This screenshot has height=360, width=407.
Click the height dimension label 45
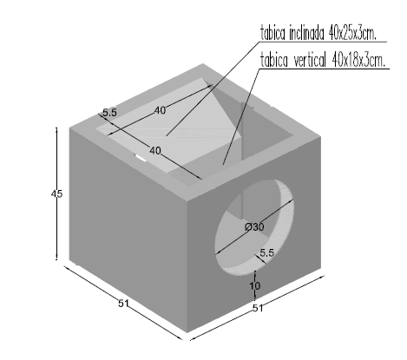coord(56,193)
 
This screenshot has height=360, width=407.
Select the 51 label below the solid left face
coord(123,304)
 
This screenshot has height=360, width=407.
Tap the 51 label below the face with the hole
coord(258,308)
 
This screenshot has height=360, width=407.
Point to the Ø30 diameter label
coord(254,226)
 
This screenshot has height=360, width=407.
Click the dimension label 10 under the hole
coord(255,286)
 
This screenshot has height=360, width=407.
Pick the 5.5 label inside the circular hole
coord(266,253)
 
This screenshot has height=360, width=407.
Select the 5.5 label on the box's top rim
coord(109,113)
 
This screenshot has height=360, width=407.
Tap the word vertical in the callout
coord(310,61)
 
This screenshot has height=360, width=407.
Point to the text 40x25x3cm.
coord(352,34)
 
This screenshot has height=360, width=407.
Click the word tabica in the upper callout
coord(272,33)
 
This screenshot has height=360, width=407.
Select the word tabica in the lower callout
coord(274,61)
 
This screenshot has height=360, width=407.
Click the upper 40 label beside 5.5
coord(160,110)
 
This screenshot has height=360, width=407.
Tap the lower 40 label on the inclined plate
coord(155,150)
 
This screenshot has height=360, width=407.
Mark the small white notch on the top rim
coord(141,158)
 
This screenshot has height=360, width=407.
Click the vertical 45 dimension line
coord(56,193)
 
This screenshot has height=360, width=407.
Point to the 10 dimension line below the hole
coord(255,285)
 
